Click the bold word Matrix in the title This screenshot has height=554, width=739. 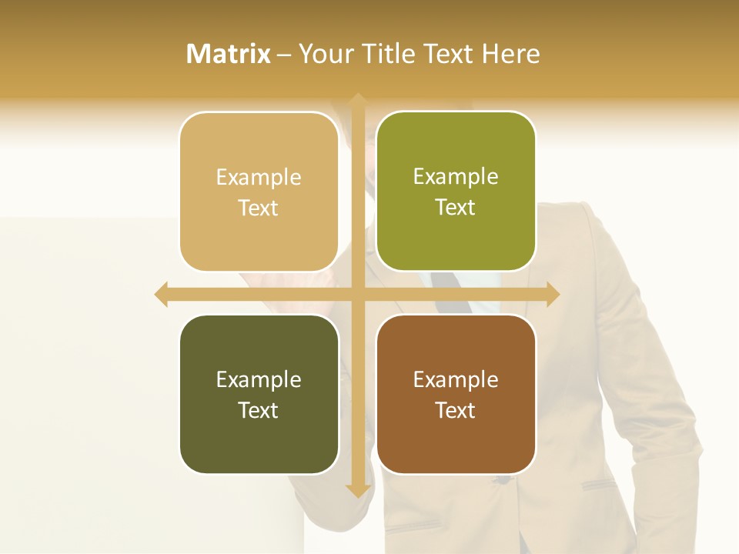229,54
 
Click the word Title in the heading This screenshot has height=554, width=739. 382,54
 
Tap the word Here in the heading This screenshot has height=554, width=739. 511,54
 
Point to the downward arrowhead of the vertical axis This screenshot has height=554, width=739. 357,491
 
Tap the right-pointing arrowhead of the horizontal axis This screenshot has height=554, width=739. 553,294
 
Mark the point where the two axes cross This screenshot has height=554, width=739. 357,294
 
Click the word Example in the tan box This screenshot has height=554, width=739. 259,178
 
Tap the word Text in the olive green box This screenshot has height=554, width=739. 456,208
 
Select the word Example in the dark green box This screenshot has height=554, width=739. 259,380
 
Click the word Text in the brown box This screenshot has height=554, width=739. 456,410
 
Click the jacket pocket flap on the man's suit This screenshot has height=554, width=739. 598,485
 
